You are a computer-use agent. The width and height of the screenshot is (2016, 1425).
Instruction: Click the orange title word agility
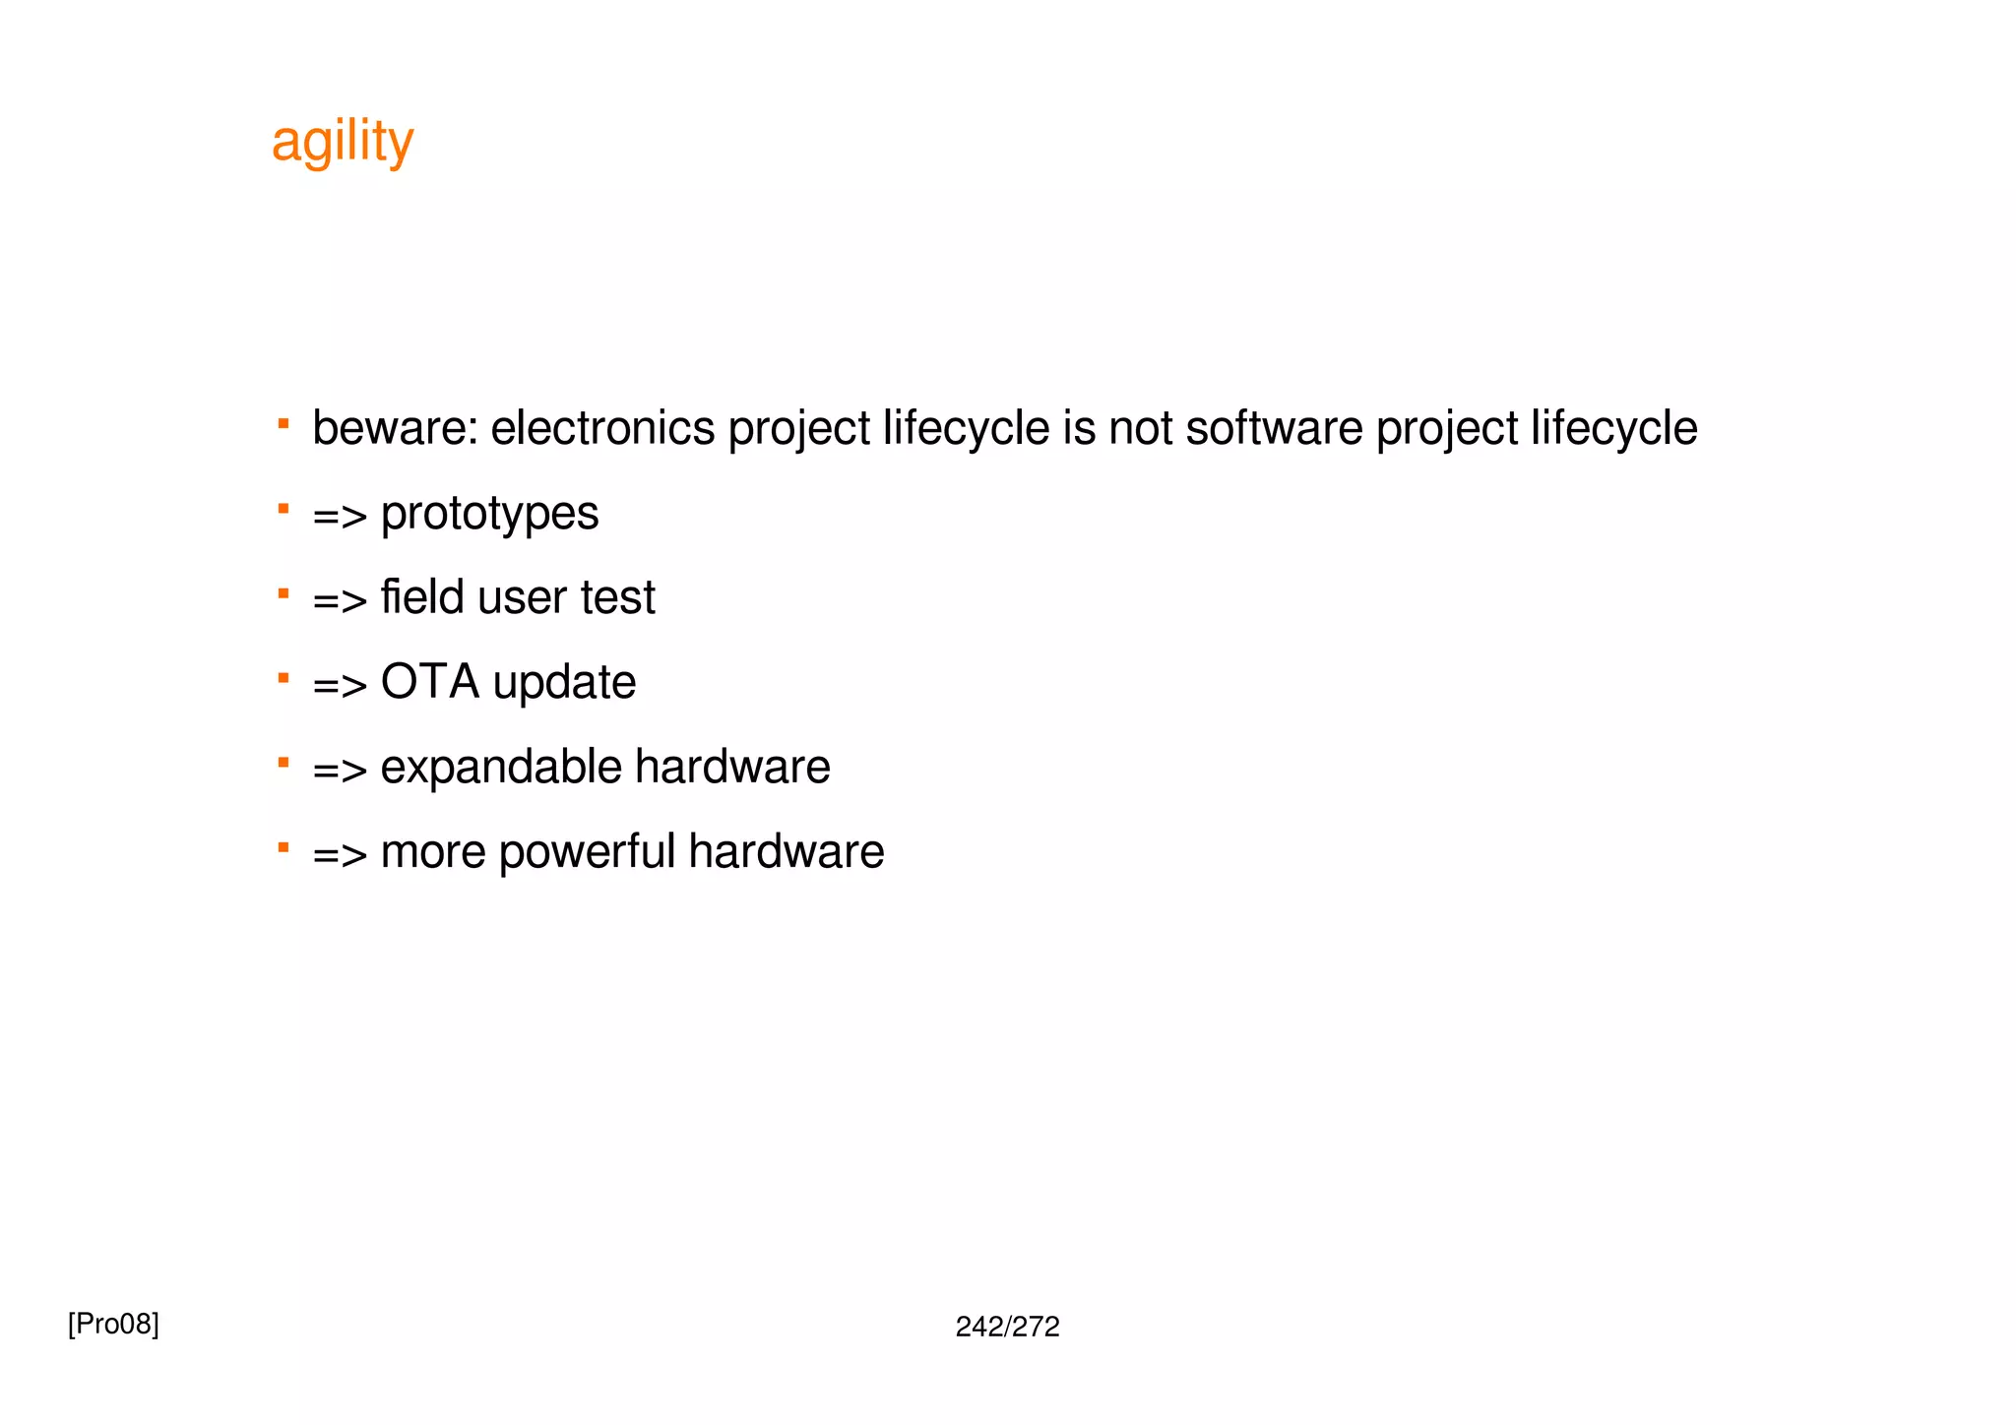click(342, 142)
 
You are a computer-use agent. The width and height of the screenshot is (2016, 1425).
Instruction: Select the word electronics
click(602, 428)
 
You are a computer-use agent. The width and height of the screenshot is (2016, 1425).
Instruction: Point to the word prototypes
click(489, 514)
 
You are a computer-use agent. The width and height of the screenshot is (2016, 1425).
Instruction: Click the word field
click(421, 597)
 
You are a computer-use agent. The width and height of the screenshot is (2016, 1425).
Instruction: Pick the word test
click(617, 597)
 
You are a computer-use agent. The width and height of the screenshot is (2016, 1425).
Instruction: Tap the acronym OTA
click(429, 682)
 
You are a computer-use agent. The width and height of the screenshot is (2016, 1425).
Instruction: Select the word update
click(564, 682)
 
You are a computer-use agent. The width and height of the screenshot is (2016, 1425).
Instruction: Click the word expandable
click(500, 767)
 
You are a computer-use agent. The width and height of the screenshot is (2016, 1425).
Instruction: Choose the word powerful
click(587, 851)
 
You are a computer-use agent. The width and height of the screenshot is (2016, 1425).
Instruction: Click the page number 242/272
click(1007, 1328)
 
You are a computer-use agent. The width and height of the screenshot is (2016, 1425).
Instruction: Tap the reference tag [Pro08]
click(113, 1325)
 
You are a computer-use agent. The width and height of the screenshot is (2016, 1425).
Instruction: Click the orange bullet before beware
click(283, 424)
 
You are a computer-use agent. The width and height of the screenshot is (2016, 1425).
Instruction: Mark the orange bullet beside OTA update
click(283, 678)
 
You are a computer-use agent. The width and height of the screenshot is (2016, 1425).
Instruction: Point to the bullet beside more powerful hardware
click(283, 847)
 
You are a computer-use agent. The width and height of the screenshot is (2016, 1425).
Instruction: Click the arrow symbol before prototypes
click(340, 516)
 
